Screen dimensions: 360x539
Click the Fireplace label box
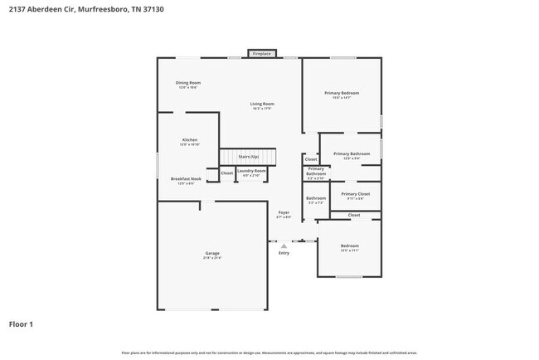click(x=262, y=53)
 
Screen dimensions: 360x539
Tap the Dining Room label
click(x=188, y=83)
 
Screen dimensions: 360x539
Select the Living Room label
click(x=261, y=104)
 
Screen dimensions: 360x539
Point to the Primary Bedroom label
click(x=341, y=93)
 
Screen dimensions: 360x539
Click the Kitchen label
click(x=190, y=140)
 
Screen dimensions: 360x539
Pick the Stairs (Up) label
click(x=249, y=156)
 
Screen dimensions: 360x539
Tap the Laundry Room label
click(x=250, y=171)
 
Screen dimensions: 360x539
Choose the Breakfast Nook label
click(x=186, y=179)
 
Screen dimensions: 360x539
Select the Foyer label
click(x=284, y=213)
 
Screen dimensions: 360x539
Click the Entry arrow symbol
click(x=284, y=246)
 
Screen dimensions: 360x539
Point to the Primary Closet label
click(x=355, y=194)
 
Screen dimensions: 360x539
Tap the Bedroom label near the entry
click(x=350, y=246)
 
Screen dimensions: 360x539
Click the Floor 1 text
click(x=21, y=324)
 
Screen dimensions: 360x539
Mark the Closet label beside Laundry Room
click(x=226, y=173)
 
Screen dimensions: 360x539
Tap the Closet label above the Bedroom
click(x=354, y=215)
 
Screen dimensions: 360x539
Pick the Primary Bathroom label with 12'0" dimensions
click(x=352, y=154)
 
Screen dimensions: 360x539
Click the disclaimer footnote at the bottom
click(x=269, y=353)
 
